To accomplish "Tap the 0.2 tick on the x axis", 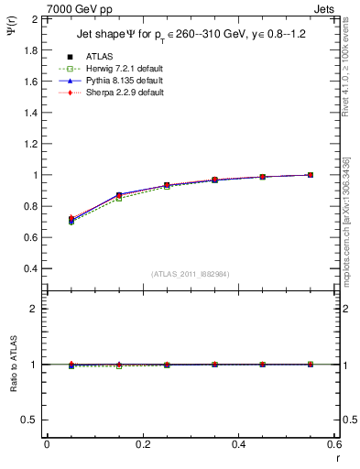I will (x=142, y=443).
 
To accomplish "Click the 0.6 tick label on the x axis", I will (x=334, y=443).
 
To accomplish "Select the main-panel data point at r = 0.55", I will (x=311, y=175).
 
